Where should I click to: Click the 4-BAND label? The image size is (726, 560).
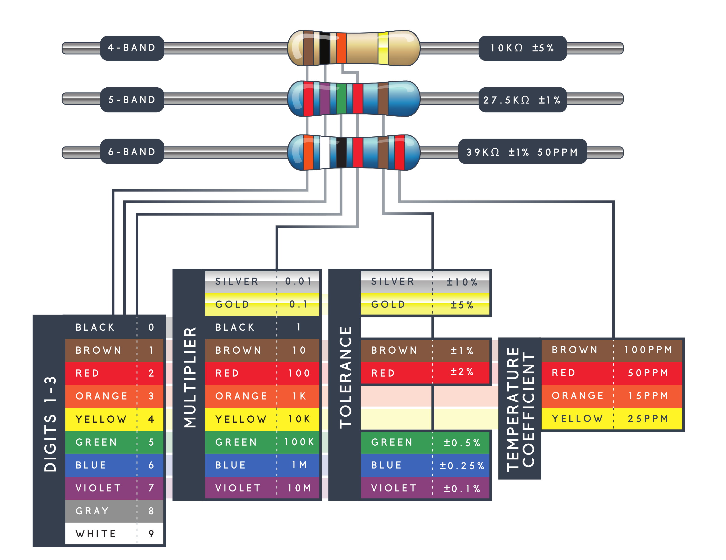[x=132, y=48]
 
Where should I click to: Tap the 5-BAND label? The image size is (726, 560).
[x=132, y=100]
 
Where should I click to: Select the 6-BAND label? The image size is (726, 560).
[x=132, y=152]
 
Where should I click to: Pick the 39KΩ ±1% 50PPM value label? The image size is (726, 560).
[x=522, y=152]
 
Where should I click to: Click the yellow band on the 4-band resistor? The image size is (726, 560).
[x=383, y=48]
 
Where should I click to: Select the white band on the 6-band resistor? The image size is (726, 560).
[x=324, y=152]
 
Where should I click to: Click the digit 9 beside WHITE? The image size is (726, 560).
[x=151, y=534]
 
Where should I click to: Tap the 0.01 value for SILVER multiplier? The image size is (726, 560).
[x=299, y=281]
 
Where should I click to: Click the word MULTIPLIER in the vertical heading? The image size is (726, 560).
[x=190, y=378]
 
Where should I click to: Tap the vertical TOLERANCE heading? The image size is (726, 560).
[x=345, y=378]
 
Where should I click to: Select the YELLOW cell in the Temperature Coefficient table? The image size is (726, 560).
[x=577, y=419]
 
